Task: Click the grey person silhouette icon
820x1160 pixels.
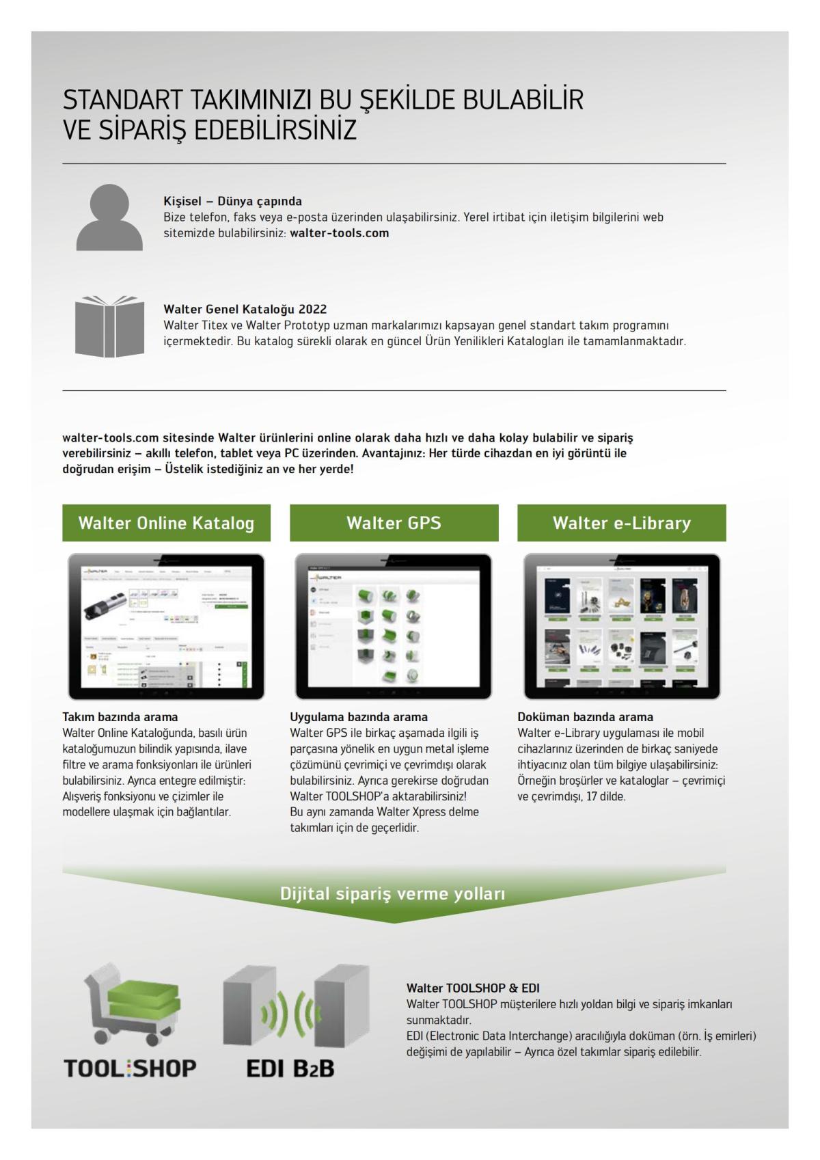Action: click(109, 217)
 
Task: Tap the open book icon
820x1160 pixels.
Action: click(109, 326)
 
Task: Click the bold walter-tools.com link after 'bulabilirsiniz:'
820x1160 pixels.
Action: click(339, 233)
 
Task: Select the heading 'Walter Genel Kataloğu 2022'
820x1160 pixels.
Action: click(245, 309)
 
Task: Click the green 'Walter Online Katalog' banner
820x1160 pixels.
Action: click(166, 523)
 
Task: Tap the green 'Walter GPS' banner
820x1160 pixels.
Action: click(394, 523)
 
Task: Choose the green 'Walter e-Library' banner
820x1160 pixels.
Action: click(621, 523)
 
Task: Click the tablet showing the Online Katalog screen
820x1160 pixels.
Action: click(166, 626)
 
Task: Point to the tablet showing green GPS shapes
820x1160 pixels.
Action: click(394, 626)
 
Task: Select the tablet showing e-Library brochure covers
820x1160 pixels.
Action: click(621, 626)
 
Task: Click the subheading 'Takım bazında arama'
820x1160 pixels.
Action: click(120, 717)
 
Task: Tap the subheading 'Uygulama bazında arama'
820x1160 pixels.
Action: click(359, 717)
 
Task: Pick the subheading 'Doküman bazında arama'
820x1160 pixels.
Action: click(585, 717)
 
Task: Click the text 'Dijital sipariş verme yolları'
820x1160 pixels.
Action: click(393, 893)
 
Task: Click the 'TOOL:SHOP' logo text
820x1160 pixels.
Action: click(130, 1068)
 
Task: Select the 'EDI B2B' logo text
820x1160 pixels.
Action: click(290, 1068)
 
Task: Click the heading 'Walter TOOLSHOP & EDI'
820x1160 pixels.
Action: click(473, 988)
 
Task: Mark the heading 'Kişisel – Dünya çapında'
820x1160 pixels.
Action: click(232, 201)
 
